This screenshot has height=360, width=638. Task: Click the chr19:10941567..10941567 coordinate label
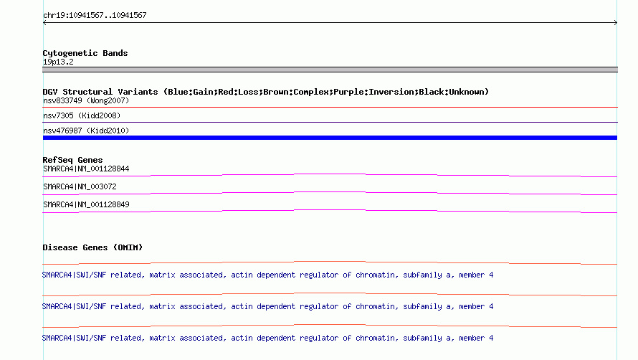95,16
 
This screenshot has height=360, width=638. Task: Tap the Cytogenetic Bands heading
85,53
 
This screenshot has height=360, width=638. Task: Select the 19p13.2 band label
58,62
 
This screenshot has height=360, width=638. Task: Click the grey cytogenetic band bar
330,70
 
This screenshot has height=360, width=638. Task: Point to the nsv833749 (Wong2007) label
86,100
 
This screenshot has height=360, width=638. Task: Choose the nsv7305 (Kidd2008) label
82,115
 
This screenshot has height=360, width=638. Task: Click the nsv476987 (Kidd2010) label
86,131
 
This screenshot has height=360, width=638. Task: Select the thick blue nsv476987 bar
330,138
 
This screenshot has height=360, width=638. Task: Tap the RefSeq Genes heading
73,160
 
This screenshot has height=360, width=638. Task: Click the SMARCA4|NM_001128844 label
86,169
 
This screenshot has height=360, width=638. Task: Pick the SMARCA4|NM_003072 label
80,186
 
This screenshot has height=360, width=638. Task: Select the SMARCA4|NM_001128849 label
86,204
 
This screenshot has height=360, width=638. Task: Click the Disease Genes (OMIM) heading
92,247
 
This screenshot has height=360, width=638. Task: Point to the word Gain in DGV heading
203,92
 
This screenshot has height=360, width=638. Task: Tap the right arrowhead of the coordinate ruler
616,23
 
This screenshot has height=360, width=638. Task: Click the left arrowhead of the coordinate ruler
44,23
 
